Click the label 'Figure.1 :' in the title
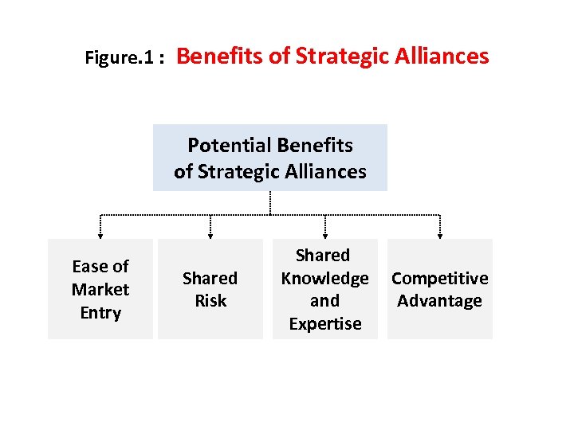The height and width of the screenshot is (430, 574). [x=124, y=58]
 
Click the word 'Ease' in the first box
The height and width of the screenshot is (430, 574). [x=88, y=266]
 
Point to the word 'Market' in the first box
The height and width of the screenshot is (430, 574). [x=100, y=289]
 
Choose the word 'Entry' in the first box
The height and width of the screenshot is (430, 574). [x=100, y=312]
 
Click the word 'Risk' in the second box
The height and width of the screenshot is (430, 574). [x=210, y=301]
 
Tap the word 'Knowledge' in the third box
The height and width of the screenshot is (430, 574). [x=324, y=278]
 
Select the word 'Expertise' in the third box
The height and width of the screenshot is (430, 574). [x=324, y=324]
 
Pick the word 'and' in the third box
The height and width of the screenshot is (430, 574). [x=324, y=301]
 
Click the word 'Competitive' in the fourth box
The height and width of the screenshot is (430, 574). [x=439, y=278]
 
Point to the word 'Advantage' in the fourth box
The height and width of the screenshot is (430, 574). [x=439, y=301]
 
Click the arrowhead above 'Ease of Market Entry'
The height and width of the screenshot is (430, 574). [x=100, y=235]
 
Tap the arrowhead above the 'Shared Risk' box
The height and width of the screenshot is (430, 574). [x=210, y=235]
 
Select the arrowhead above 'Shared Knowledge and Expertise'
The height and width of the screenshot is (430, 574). [x=324, y=235]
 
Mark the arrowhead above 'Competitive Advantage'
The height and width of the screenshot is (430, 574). [x=439, y=235]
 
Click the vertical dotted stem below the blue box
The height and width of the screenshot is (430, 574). [x=270, y=202]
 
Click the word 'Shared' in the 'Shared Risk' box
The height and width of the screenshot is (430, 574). [x=210, y=278]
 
